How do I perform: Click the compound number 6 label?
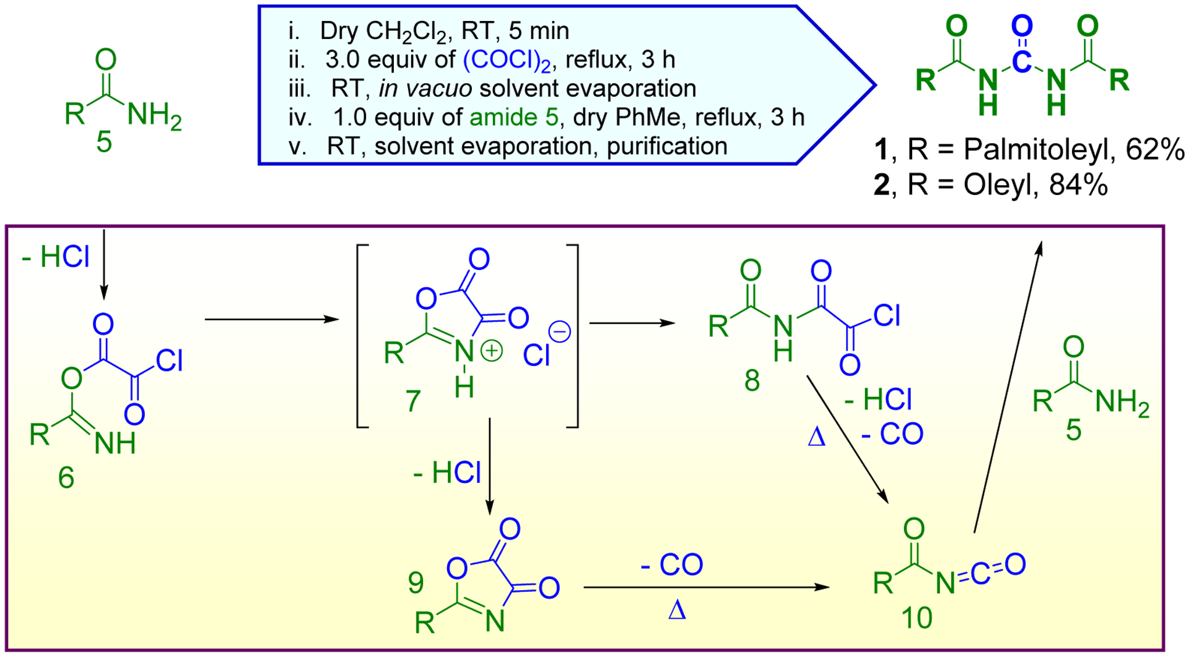pyautogui.click(x=66, y=477)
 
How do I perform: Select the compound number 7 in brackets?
pyautogui.click(x=413, y=401)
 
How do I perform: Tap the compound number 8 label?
pyautogui.click(x=752, y=381)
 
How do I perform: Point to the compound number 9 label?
pyautogui.click(x=416, y=582)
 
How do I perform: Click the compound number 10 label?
pyautogui.click(x=917, y=617)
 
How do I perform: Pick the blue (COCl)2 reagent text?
pyautogui.click(x=507, y=60)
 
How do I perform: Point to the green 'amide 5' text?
pyautogui.click(x=513, y=117)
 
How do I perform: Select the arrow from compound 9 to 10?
pyautogui.click(x=706, y=587)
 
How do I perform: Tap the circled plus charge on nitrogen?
pyautogui.click(x=492, y=351)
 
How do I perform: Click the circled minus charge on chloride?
pyautogui.click(x=560, y=332)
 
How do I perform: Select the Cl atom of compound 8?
pyautogui.click(x=886, y=315)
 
